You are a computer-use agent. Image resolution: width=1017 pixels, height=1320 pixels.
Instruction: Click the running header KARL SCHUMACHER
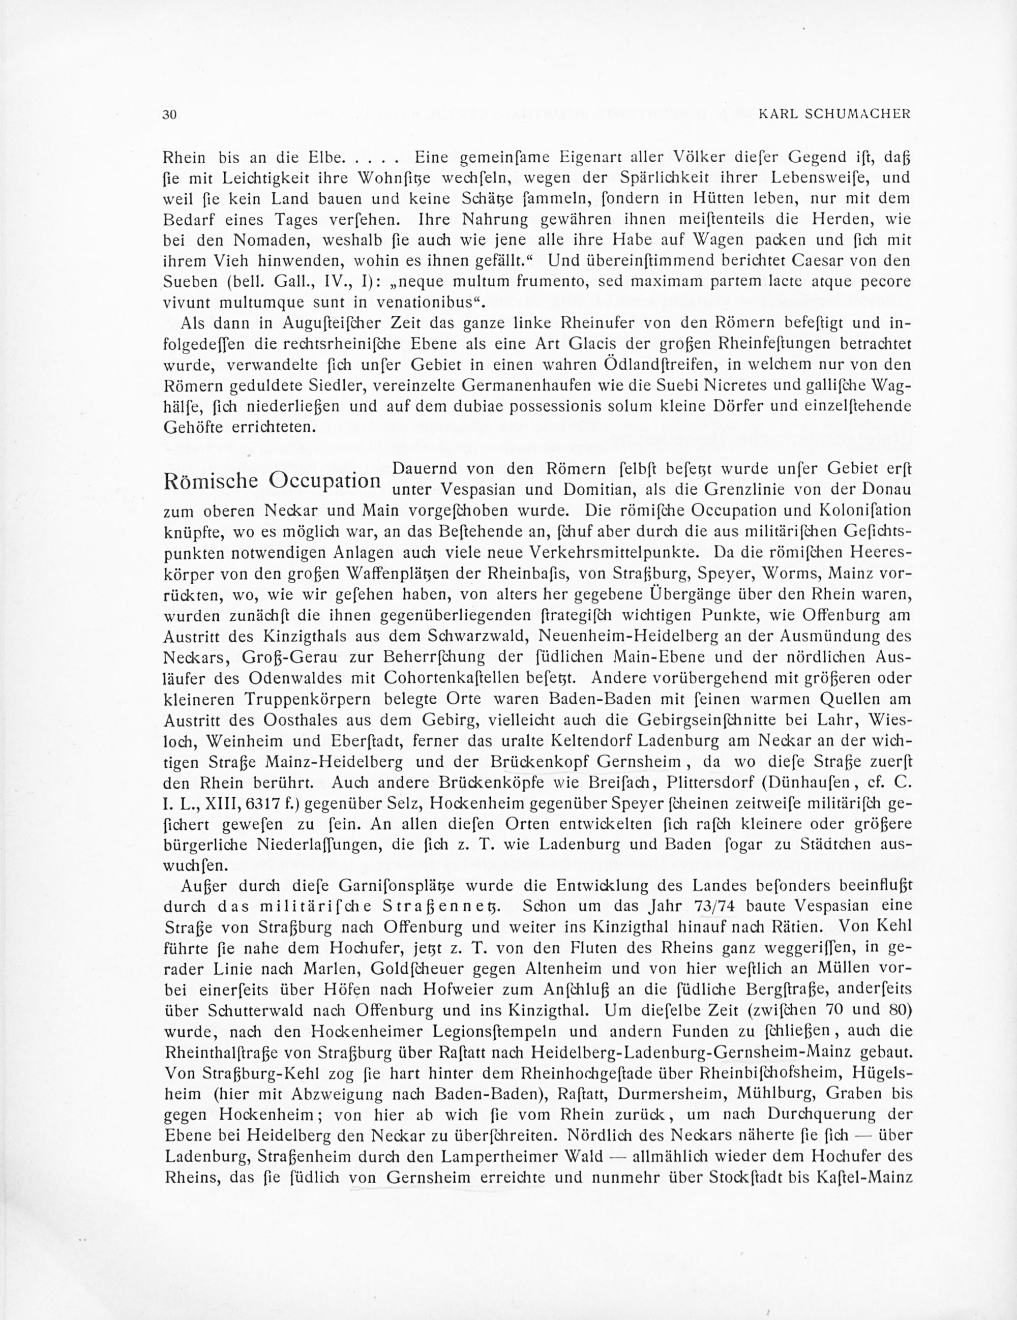pyautogui.click(x=834, y=114)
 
